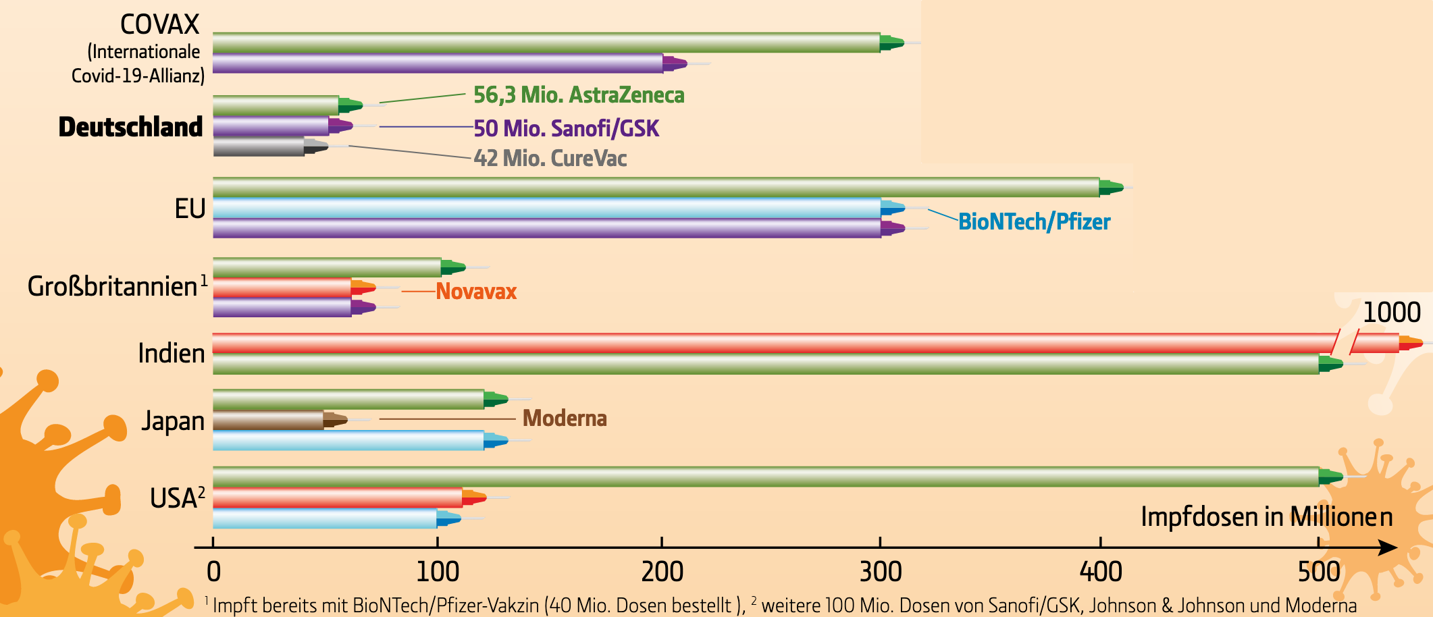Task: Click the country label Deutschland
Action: (x=130, y=127)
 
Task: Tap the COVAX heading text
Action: (x=159, y=25)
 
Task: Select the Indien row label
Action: (x=171, y=353)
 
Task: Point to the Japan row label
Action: (x=173, y=421)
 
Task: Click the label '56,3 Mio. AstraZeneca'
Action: (x=579, y=95)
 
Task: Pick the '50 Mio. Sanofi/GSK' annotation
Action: (x=566, y=128)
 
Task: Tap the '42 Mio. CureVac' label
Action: (x=550, y=158)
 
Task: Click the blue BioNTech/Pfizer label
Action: (x=1034, y=221)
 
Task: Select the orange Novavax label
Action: (x=476, y=291)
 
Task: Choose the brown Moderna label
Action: (x=565, y=419)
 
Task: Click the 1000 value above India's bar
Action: (x=1391, y=313)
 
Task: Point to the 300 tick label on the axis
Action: (x=881, y=572)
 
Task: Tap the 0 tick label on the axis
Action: (x=213, y=572)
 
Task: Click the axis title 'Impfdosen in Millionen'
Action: (x=1266, y=517)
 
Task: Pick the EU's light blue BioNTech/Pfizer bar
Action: (x=547, y=208)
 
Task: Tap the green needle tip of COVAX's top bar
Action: (x=893, y=43)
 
